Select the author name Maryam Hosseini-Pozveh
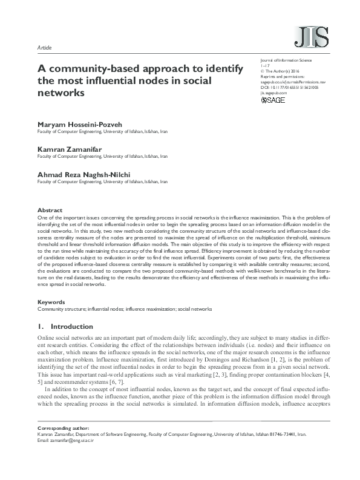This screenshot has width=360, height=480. pos(79,124)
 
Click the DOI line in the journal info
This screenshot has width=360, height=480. pos(292,88)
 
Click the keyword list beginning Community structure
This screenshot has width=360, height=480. pos(125,308)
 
